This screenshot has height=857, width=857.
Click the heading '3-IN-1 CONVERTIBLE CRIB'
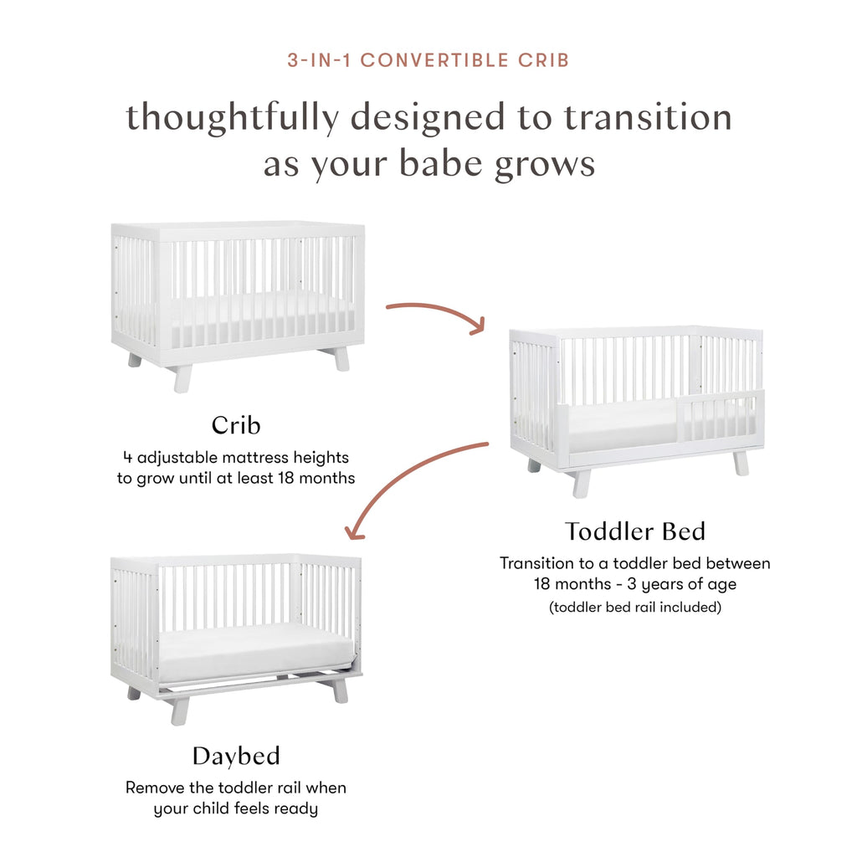click(428, 61)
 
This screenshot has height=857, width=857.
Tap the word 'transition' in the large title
click(647, 117)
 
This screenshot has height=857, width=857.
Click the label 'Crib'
click(236, 425)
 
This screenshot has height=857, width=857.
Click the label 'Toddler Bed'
click(634, 531)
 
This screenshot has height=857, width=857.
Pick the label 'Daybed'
click(236, 756)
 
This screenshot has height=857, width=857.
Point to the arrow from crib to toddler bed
click(435, 311)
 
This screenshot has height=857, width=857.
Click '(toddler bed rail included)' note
click(634, 608)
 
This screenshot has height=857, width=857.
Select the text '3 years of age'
click(690, 584)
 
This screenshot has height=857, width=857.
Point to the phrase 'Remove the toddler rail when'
click(235, 788)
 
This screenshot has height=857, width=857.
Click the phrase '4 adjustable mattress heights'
click(235, 458)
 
